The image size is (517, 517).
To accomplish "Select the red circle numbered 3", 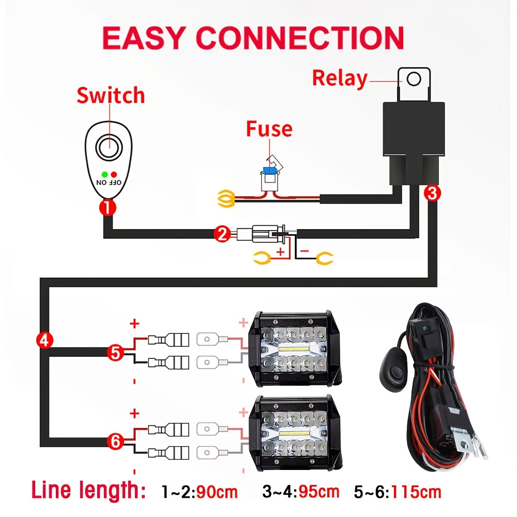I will point(432,193).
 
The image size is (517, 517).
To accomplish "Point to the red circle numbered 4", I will point(44,340).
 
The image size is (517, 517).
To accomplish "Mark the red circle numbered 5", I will point(115,353).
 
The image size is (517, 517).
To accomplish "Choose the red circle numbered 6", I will point(115,441).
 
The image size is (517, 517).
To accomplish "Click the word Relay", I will point(340,79).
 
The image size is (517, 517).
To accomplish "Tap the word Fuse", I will point(269,129).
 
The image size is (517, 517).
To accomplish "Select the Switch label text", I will point(111,96).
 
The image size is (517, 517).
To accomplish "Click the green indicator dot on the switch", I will point(104,174).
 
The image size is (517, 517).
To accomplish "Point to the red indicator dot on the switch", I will point(113,174).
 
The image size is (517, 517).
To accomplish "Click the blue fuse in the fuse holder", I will point(269,171).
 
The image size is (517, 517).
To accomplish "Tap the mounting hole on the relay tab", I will point(414,79).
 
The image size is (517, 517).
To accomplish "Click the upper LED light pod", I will point(294,349).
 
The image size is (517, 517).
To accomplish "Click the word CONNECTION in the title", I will point(300,37).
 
